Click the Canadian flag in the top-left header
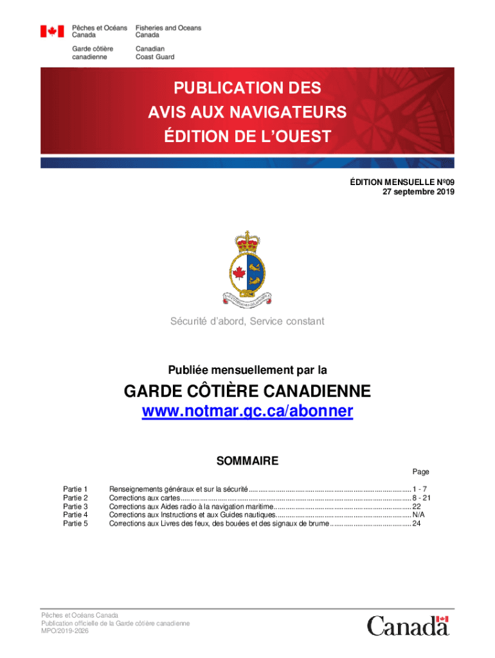(52, 31)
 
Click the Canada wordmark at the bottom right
(408, 625)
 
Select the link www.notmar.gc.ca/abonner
(248, 411)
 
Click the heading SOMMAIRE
(248, 461)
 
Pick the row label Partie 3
(75, 506)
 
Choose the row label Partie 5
(75, 524)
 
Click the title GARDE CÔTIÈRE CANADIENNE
(248, 391)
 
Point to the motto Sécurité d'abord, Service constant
(248, 321)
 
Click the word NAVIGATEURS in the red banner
(282, 112)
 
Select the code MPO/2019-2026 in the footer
(65, 632)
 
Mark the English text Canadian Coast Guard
(154, 53)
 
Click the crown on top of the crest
(248, 242)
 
